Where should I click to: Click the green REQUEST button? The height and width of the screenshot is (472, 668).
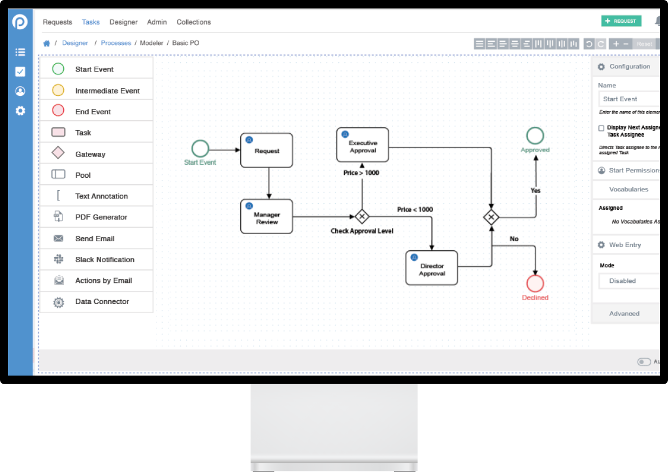pos(621,21)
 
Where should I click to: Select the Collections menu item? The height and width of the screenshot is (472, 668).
pos(193,22)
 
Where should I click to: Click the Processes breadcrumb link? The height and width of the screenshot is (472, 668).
pos(116,43)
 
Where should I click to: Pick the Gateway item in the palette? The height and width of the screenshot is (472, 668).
pos(90,154)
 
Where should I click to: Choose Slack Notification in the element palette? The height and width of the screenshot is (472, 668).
pos(104,260)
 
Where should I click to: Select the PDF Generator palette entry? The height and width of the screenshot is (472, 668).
pos(101,217)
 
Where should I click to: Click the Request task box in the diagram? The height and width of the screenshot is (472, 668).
pos(267,151)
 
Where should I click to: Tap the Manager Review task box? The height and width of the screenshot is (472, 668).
pos(267,217)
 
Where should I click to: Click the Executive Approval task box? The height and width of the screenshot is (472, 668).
pos(363,145)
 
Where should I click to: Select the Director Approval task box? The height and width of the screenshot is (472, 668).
pos(432,268)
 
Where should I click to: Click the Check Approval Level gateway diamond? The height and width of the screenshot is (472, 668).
pos(362,217)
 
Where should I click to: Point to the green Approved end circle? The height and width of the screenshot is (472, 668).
pos(535,135)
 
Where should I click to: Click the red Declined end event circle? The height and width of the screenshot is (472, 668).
pos(535,283)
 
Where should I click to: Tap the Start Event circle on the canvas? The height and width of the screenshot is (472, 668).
pos(200,148)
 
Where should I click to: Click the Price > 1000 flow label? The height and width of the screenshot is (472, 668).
pos(361,173)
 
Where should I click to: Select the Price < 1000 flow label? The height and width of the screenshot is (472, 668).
pos(415,210)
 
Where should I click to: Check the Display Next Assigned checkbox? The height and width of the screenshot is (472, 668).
pos(601,128)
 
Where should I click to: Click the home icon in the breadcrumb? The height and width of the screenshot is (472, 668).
pos(47,43)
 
